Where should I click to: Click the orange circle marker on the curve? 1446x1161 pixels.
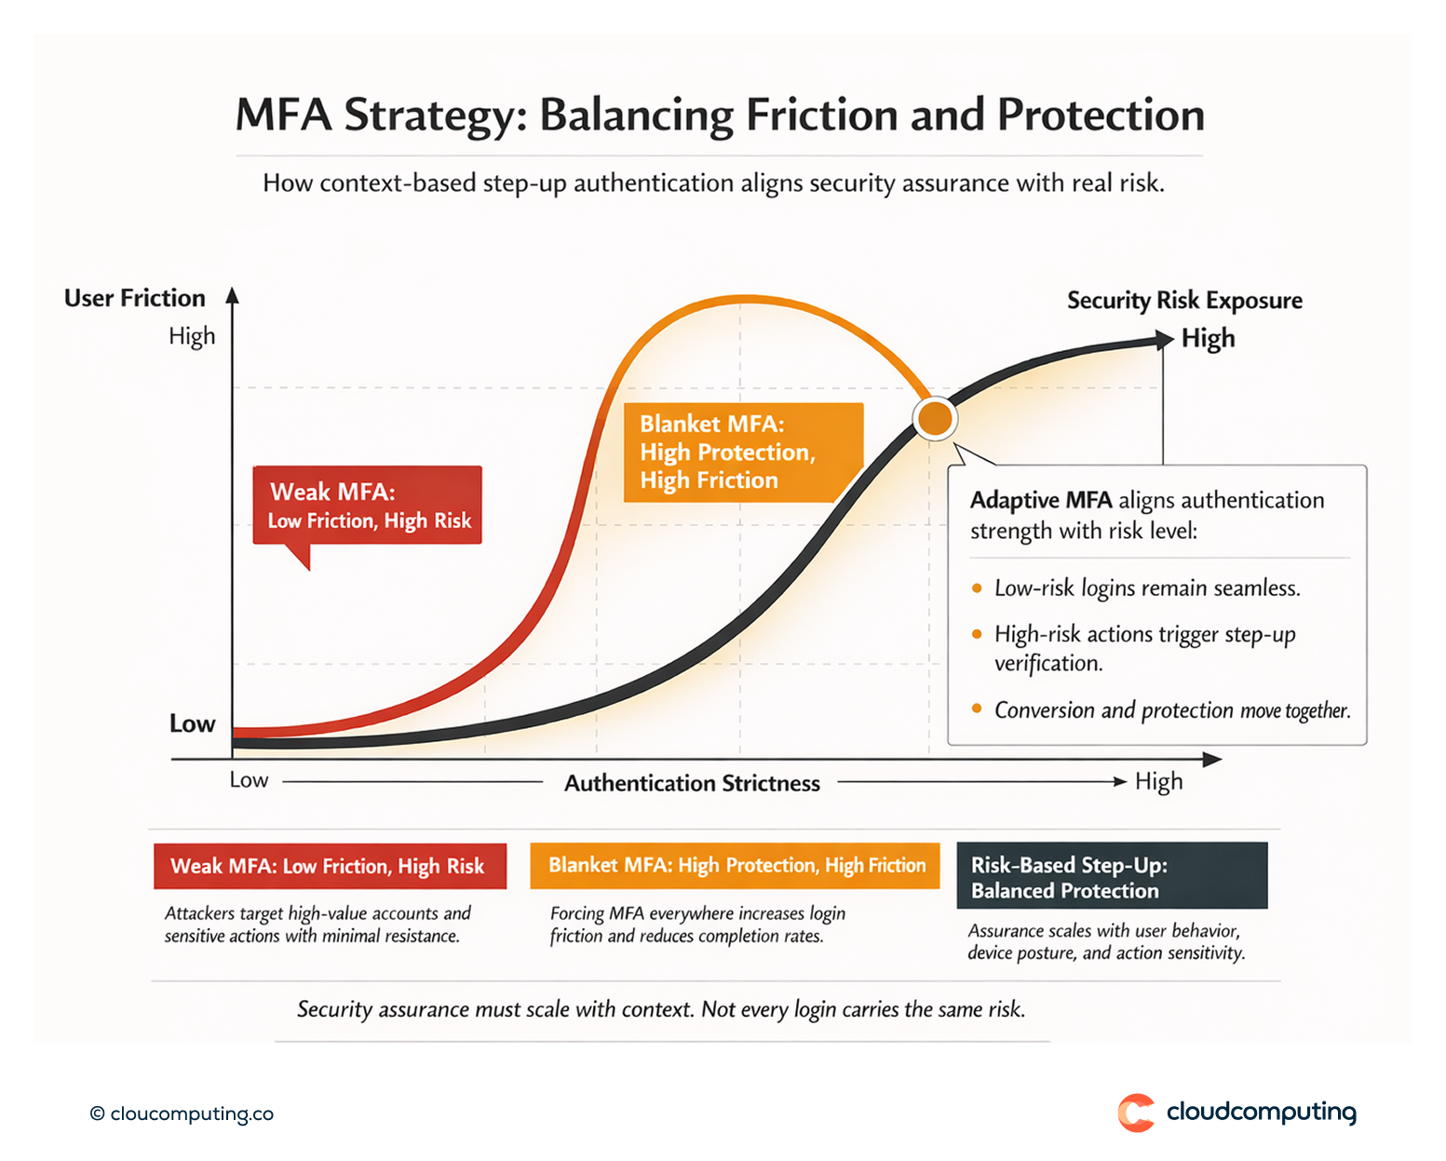[934, 418]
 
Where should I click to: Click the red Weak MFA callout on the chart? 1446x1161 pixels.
[368, 506]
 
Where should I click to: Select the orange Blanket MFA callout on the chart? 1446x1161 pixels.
[743, 452]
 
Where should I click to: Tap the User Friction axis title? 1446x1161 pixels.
[135, 298]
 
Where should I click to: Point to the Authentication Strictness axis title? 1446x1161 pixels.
[692, 783]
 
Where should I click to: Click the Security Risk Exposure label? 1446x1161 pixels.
[1183, 301]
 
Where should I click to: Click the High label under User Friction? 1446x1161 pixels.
[192, 336]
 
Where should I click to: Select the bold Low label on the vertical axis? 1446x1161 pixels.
[192, 723]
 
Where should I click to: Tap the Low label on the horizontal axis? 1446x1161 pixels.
[249, 780]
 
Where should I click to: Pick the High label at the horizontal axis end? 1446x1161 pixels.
[1158, 781]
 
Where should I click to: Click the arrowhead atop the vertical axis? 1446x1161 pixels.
[233, 296]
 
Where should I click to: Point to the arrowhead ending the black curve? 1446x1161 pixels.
[1164, 340]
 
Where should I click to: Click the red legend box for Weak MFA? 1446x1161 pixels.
[330, 866]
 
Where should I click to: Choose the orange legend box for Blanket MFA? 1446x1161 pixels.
[735, 865]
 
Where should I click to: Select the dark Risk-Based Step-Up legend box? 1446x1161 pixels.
[1112, 876]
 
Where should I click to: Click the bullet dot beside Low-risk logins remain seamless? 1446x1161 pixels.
[977, 588]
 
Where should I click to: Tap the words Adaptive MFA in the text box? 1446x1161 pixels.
[1040, 500]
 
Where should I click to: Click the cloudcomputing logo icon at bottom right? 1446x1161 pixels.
[1136, 1113]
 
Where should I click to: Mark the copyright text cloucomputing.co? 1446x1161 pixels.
[182, 1114]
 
